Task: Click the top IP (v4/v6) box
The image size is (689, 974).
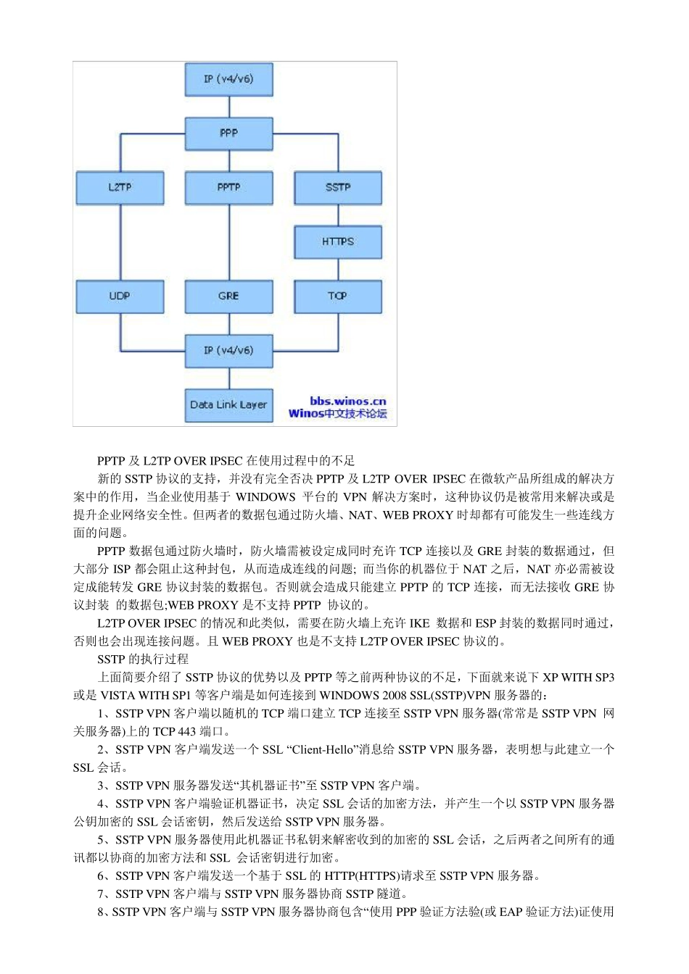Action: [x=228, y=79]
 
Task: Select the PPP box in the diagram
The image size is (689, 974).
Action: [x=228, y=133]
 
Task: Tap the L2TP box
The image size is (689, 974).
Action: [x=120, y=188]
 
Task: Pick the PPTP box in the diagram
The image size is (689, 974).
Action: [x=228, y=188]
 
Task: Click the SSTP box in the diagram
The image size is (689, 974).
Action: [x=338, y=188]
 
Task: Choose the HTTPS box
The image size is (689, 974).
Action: [x=338, y=241]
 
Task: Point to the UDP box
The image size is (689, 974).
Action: [x=120, y=296]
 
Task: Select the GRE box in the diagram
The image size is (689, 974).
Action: [x=228, y=296]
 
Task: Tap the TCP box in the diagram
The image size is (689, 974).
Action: [x=338, y=296]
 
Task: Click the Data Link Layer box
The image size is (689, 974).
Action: [x=228, y=405]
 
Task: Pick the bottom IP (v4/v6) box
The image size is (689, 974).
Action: [x=228, y=351]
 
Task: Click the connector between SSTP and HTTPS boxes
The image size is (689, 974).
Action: [x=338, y=215]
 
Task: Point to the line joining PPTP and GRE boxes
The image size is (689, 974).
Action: [x=229, y=243]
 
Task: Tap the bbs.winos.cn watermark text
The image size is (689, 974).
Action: [x=348, y=401]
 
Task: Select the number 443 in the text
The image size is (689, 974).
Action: [x=186, y=731]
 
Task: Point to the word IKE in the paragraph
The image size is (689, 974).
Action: [x=419, y=623]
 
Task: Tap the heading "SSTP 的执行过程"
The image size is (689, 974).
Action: [x=143, y=659]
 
